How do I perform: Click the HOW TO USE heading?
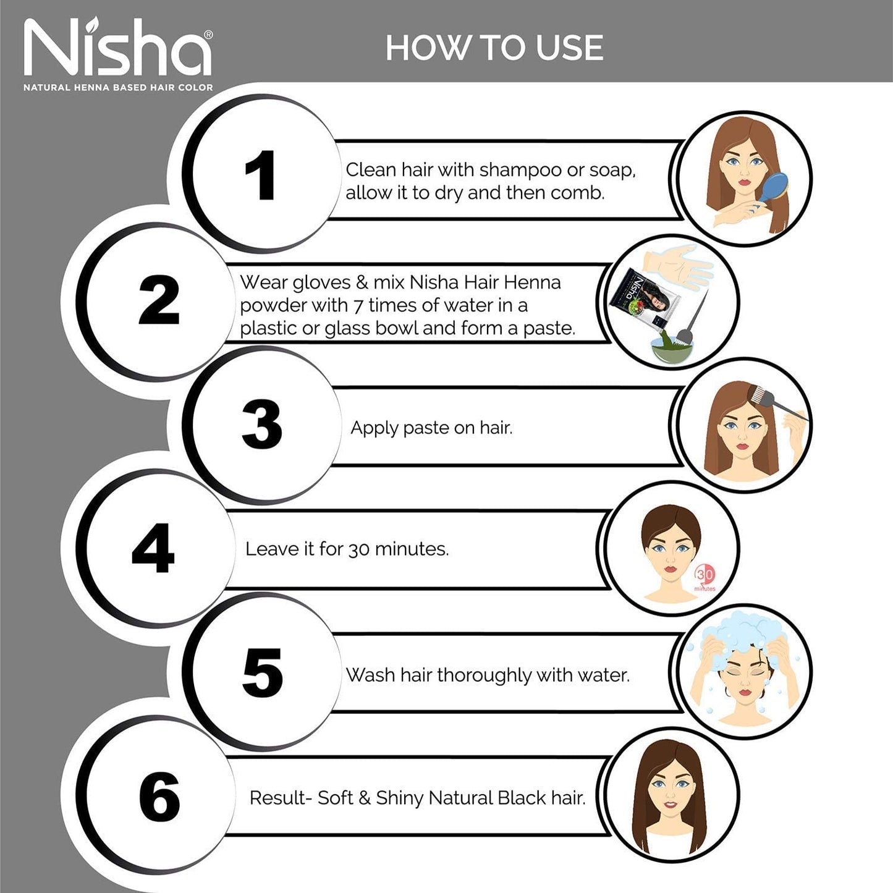point(494,48)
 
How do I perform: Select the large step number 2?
point(159,300)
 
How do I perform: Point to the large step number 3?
point(261,425)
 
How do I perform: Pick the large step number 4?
point(153,549)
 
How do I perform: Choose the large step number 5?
point(262,673)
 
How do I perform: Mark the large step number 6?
point(159,797)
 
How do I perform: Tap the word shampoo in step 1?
point(520,170)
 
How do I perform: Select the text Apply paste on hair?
point(431,428)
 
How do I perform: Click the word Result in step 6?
point(277,798)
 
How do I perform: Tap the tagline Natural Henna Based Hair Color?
point(118,88)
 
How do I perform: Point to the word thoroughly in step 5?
point(484,675)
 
